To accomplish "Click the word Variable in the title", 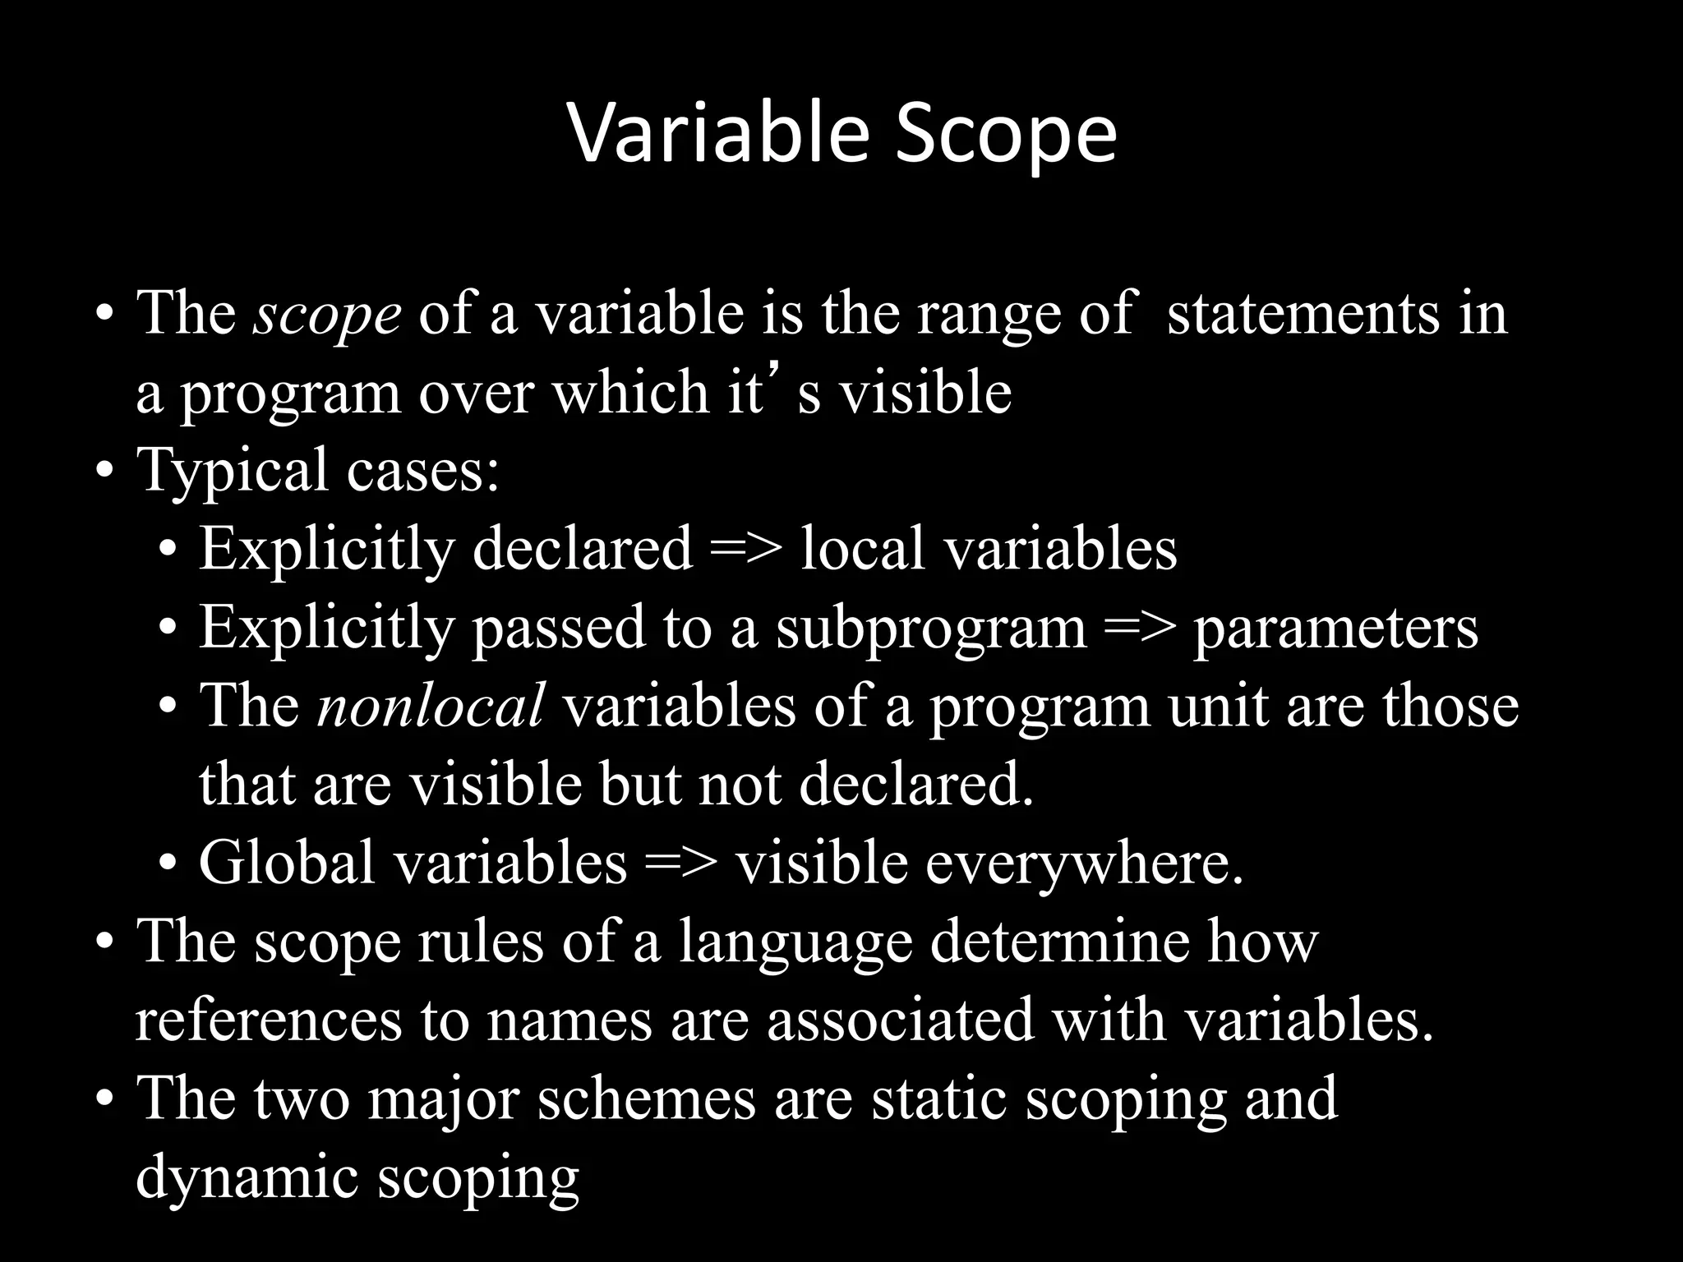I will (717, 134).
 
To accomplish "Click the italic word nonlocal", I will (431, 706).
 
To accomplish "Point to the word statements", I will (1303, 313).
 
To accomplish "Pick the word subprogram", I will (932, 628).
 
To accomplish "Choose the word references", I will (269, 1020).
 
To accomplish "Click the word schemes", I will (646, 1098).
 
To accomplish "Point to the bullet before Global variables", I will (168, 864).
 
